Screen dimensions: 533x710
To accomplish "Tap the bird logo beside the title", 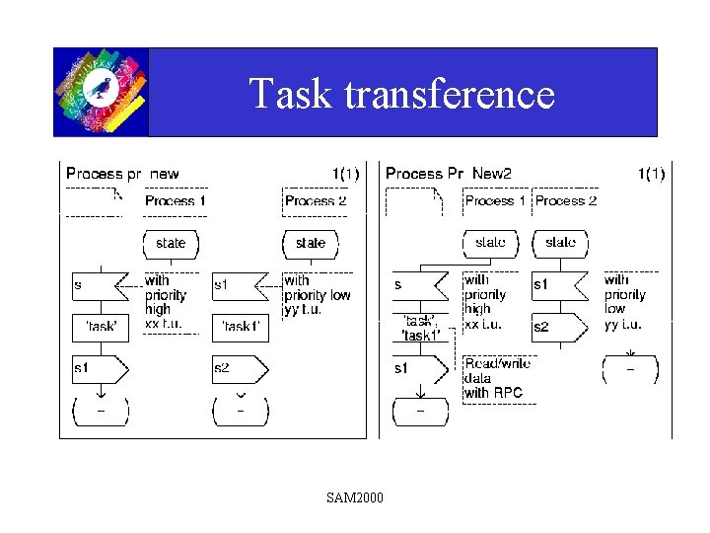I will (x=101, y=92).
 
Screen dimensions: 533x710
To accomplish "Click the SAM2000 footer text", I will (x=355, y=496).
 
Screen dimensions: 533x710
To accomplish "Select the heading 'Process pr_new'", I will (x=122, y=174).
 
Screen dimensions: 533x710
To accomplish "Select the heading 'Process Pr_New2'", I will (x=449, y=174).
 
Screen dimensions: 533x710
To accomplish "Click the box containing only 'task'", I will (x=101, y=327).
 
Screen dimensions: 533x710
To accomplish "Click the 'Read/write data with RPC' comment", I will (x=497, y=378).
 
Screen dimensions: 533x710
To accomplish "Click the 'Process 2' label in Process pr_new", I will (x=316, y=201).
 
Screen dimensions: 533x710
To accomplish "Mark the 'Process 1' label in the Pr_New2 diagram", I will (x=495, y=201).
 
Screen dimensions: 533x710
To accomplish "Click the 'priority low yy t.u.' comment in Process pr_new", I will (x=318, y=295).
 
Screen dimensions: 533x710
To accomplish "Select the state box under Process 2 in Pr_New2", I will (x=560, y=243).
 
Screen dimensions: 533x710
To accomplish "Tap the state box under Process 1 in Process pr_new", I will (x=171, y=243).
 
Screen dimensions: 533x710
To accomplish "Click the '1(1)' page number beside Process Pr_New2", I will (x=651, y=174).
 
